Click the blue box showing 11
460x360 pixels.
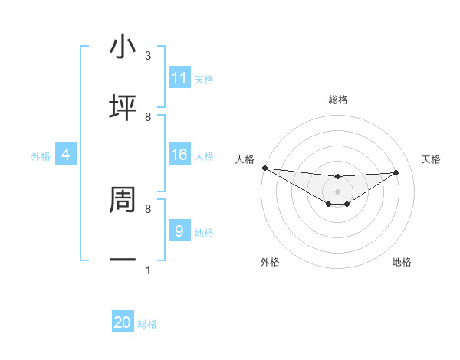pyautogui.click(x=179, y=78)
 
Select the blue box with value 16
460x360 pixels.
pyautogui.click(x=179, y=155)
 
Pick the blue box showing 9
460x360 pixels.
pyautogui.click(x=179, y=231)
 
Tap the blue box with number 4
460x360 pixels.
pyautogui.click(x=66, y=155)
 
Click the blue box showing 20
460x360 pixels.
pyautogui.click(x=123, y=322)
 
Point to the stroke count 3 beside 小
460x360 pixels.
pyautogui.click(x=148, y=56)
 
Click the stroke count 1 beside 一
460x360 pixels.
pyautogui.click(x=148, y=270)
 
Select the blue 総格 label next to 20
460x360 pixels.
pyautogui.click(x=147, y=324)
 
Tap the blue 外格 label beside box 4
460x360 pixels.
pyautogui.click(x=41, y=156)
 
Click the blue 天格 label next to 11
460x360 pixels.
pyautogui.click(x=204, y=80)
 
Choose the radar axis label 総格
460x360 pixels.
pyautogui.click(x=337, y=100)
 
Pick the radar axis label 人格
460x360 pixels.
pyautogui.click(x=245, y=159)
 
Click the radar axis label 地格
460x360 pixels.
pyautogui.click(x=402, y=262)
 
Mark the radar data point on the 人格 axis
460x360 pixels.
pyautogui.click(x=264, y=168)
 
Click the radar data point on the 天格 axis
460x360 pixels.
pyautogui.click(x=396, y=172)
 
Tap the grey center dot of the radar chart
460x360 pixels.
pyautogui.click(x=337, y=191)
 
